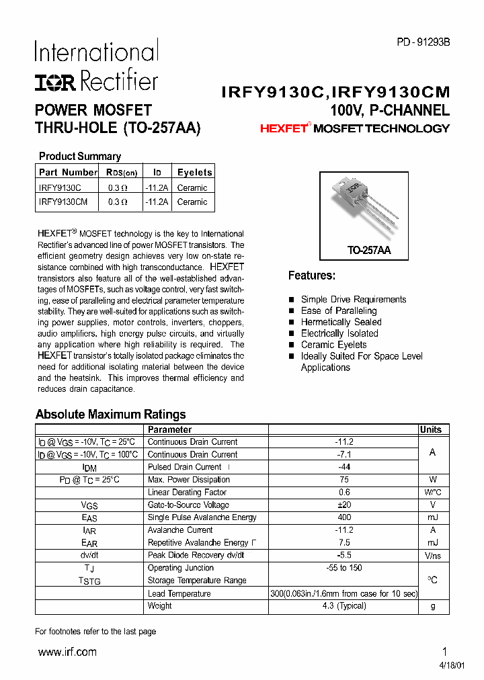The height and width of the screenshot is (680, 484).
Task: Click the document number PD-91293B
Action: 422,42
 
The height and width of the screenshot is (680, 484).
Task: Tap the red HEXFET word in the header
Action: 283,128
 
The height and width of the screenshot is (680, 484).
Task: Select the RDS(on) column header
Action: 120,173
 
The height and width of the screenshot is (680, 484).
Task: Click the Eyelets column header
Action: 194,173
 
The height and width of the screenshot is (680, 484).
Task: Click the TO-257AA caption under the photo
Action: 368,250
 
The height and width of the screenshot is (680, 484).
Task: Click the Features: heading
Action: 311,275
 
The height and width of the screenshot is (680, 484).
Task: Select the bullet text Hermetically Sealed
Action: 341,322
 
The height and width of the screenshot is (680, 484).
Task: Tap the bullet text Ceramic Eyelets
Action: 334,345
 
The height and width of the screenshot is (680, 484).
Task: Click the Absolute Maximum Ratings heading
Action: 110,415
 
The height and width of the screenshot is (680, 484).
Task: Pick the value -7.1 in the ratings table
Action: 344,454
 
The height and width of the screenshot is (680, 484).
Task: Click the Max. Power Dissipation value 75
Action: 344,480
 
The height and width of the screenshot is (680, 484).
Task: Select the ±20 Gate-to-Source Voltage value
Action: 344,505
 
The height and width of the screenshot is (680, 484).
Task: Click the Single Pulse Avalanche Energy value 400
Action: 344,517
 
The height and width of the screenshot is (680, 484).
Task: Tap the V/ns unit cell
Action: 432,556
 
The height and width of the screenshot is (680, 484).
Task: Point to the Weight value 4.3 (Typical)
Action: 344,605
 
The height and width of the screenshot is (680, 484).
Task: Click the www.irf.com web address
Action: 67,652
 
